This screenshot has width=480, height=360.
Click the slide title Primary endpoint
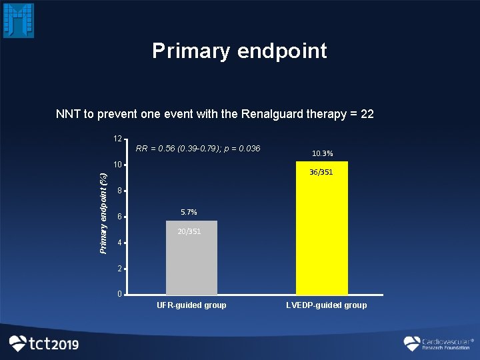click(x=239, y=51)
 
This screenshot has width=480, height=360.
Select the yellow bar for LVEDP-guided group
click(x=321, y=233)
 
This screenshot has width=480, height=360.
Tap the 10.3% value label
click(x=322, y=154)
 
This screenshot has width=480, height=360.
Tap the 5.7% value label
click(x=189, y=212)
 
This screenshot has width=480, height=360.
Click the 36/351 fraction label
click(x=321, y=173)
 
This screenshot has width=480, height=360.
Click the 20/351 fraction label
click(x=189, y=232)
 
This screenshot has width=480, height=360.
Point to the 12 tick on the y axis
click(x=117, y=139)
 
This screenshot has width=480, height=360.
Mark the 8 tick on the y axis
click(x=119, y=191)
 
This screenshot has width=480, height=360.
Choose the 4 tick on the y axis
click(x=119, y=243)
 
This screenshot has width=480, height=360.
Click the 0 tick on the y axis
click(x=119, y=294)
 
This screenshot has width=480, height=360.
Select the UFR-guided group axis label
click(x=191, y=305)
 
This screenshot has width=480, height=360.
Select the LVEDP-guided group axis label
click(x=326, y=305)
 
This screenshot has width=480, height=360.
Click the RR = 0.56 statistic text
click(x=197, y=148)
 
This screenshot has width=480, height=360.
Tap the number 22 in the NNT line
click(x=367, y=114)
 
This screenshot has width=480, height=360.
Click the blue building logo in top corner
click(x=19, y=20)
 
